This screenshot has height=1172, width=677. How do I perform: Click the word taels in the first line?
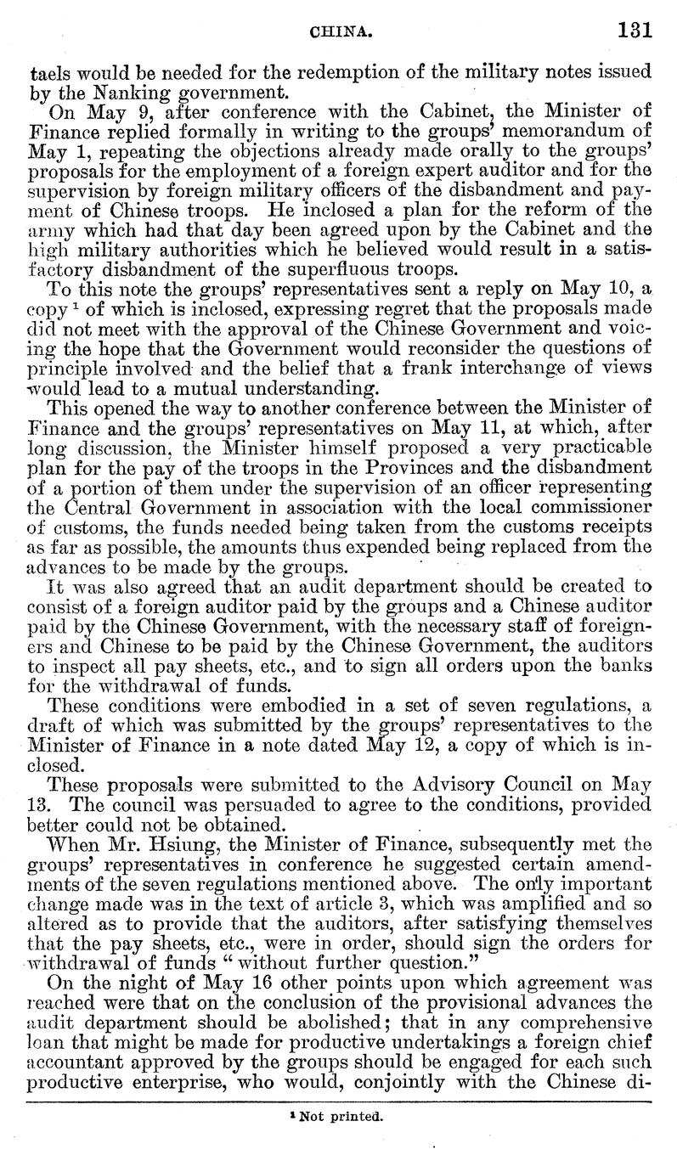48,70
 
